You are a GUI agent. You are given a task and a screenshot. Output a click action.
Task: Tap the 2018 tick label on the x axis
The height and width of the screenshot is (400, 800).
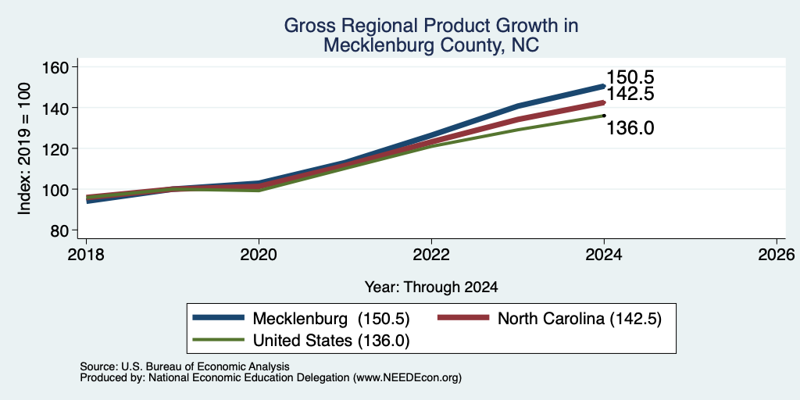pyautogui.click(x=87, y=254)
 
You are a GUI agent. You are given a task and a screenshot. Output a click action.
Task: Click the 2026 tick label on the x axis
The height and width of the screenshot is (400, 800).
pyautogui.click(x=777, y=254)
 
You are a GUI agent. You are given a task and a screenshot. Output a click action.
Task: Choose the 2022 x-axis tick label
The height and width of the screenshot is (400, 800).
pyautogui.click(x=431, y=254)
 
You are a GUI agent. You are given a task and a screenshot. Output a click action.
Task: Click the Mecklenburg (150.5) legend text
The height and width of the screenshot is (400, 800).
pyautogui.click(x=331, y=319)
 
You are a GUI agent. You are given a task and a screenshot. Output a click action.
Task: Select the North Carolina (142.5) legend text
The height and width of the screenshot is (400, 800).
pyautogui.click(x=580, y=319)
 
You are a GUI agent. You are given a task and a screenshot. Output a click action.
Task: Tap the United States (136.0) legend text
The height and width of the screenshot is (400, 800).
pyautogui.click(x=331, y=340)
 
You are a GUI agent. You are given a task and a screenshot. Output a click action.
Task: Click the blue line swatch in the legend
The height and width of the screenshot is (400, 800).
pyautogui.click(x=219, y=318)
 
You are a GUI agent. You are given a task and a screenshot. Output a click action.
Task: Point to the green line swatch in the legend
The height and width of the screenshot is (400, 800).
pyautogui.click(x=219, y=340)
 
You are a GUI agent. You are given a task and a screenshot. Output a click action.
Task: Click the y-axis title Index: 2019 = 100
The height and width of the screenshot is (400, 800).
pyautogui.click(x=24, y=148)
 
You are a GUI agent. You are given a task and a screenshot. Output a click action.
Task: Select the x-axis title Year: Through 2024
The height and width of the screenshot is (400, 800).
pyautogui.click(x=431, y=287)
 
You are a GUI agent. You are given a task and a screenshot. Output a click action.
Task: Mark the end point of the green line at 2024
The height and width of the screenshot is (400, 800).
pyautogui.click(x=604, y=116)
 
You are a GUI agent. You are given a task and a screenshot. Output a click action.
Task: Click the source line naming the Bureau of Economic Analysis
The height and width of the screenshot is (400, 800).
pyautogui.click(x=184, y=366)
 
